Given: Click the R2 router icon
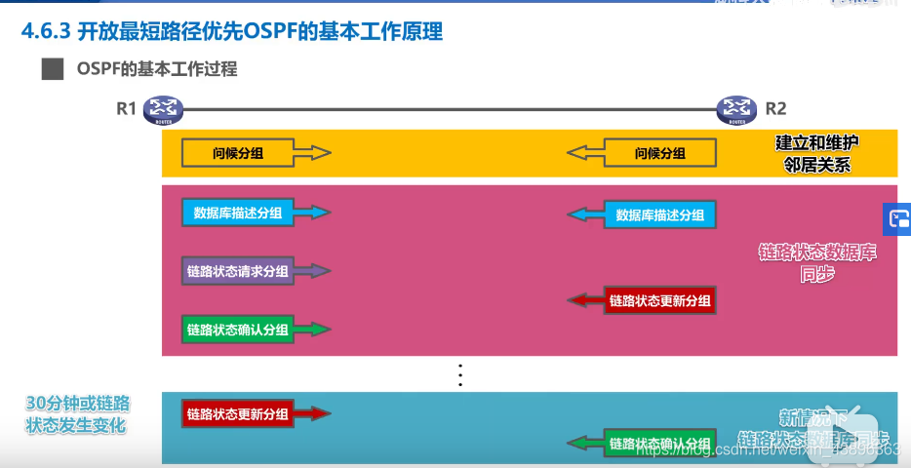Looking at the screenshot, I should click(x=736, y=110).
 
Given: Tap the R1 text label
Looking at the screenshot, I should click(x=126, y=109).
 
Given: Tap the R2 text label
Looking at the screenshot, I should click(x=775, y=109).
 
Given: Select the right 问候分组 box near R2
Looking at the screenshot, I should click(x=660, y=153).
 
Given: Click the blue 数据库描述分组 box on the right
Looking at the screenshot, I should click(x=660, y=214).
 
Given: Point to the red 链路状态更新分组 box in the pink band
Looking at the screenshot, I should click(x=660, y=300).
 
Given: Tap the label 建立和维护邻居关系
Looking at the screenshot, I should click(x=817, y=153).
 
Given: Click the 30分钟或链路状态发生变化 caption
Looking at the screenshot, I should click(x=78, y=414).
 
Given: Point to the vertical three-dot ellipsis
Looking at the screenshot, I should click(x=461, y=374).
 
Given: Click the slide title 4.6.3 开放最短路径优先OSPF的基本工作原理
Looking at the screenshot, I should click(x=232, y=32).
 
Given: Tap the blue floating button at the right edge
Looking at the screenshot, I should click(x=898, y=219).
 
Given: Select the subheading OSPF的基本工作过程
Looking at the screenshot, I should click(x=157, y=69).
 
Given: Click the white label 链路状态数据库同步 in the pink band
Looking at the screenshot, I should click(x=817, y=263).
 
